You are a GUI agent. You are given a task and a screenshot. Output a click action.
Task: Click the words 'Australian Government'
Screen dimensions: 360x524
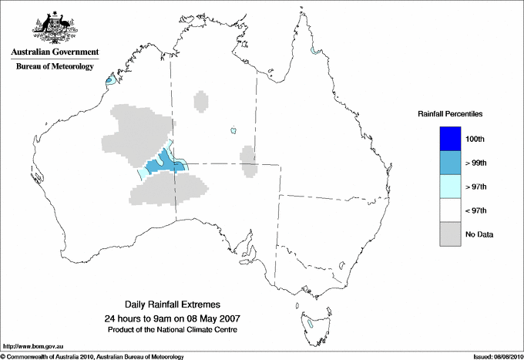[x=55, y=52]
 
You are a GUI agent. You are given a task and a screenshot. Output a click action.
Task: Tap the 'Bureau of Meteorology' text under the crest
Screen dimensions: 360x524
[x=55, y=66]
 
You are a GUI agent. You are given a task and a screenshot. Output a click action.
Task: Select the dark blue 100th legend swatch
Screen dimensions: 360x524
[x=450, y=138]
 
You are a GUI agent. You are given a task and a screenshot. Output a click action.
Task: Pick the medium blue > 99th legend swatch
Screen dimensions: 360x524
[x=450, y=162]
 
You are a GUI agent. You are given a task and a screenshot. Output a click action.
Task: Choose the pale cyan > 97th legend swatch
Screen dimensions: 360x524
[x=450, y=186]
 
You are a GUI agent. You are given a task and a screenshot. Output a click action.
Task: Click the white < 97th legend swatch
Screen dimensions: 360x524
[x=450, y=210]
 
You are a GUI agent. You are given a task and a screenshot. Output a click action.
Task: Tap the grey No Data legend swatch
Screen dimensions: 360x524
[x=450, y=234]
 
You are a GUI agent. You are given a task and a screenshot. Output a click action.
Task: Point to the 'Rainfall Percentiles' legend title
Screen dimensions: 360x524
[x=450, y=113]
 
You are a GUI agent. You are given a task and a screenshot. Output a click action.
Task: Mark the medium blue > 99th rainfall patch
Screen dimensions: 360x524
[x=164, y=163]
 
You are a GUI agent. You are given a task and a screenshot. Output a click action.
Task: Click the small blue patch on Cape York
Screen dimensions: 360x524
[x=314, y=52]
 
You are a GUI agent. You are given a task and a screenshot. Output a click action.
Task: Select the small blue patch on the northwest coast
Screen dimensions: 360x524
[x=110, y=79]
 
